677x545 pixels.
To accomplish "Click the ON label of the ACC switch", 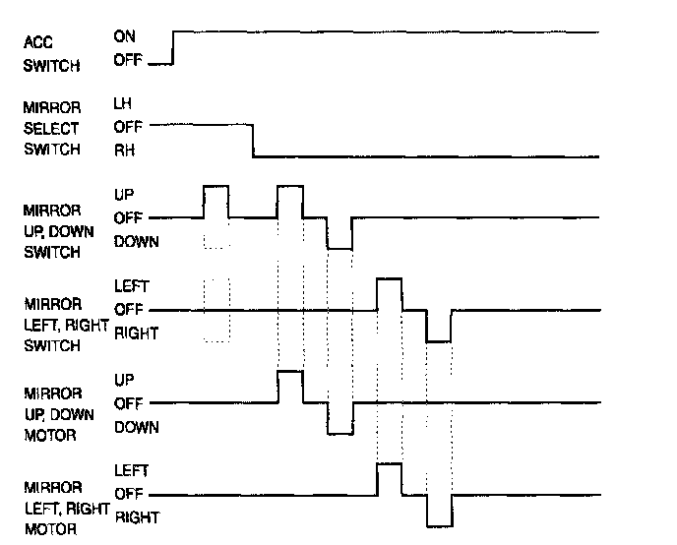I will tap(125, 36).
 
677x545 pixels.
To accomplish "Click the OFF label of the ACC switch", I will tap(128, 62).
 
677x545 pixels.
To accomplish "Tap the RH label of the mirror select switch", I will tap(123, 151).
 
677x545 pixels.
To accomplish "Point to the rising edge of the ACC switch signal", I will tap(173, 47).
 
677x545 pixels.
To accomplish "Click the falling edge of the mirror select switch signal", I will tap(253, 141).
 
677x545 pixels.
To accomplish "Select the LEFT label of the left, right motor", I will tap(131, 470).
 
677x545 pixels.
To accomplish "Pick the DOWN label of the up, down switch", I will tap(136, 242).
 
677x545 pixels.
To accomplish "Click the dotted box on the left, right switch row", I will tap(215, 310).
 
